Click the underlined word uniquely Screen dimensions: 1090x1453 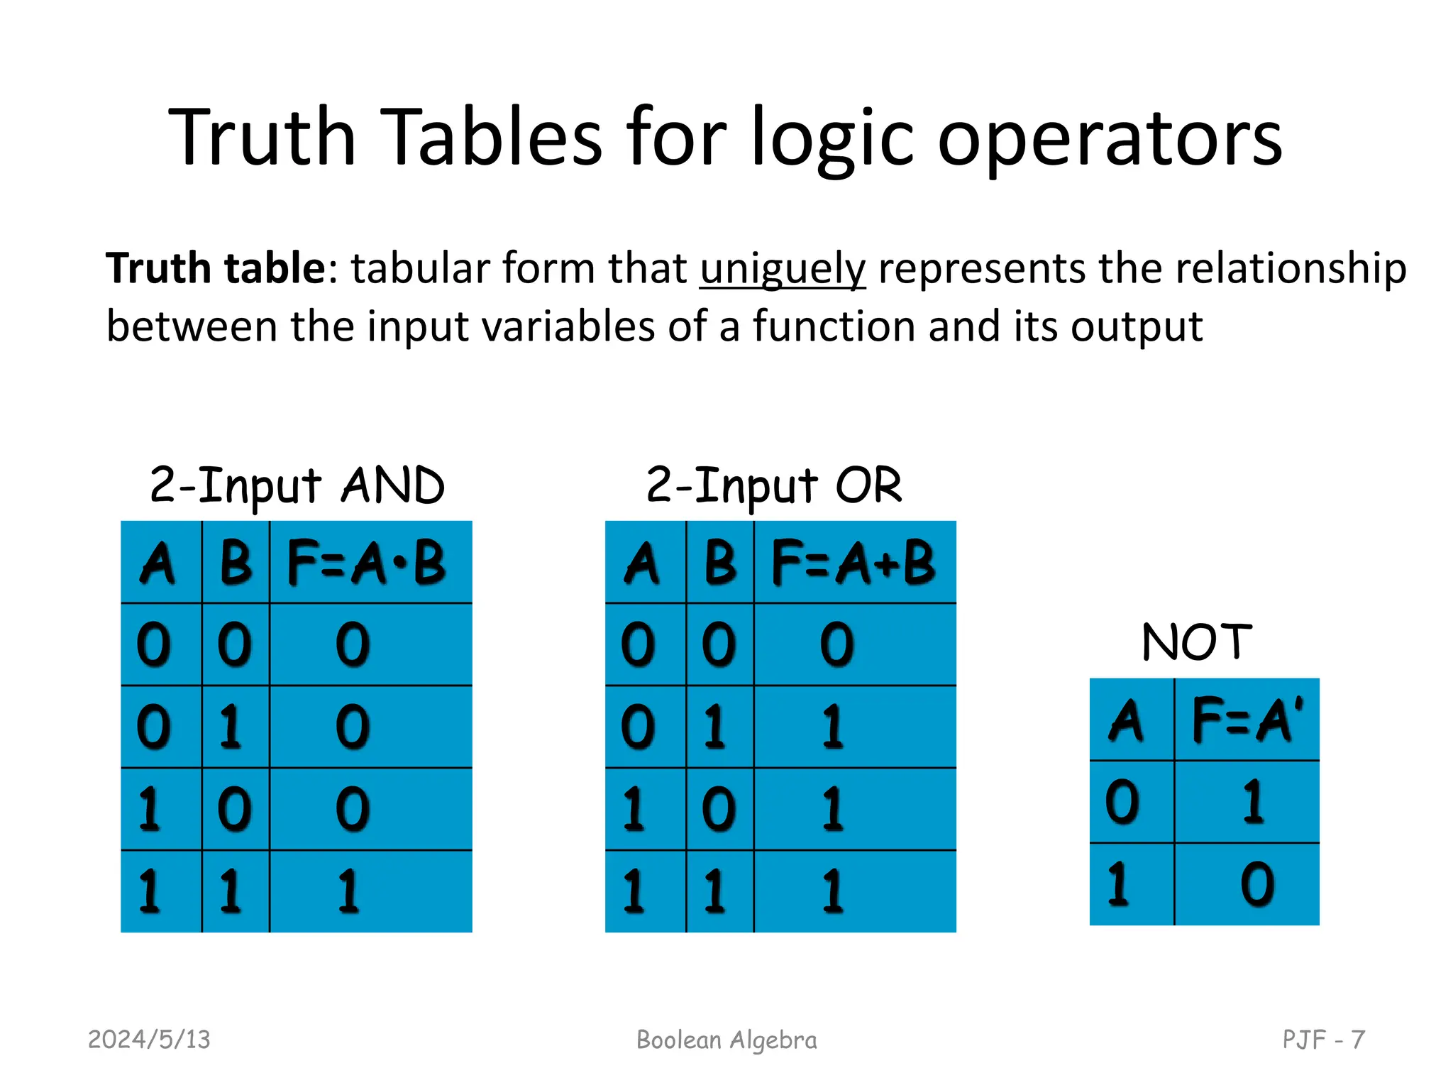783,269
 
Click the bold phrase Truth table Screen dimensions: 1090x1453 216,268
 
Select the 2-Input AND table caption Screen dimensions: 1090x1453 297,486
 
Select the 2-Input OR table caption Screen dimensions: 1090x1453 774,486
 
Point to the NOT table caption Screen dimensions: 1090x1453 1197,642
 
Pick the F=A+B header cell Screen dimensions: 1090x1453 853,563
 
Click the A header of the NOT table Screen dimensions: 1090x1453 1127,720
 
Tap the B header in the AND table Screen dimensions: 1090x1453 236,563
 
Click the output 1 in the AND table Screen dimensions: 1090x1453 349,891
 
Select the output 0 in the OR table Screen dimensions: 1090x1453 837,644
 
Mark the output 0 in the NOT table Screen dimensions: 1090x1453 1257,883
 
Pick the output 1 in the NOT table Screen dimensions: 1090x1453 1254,801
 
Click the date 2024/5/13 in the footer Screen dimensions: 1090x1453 149,1040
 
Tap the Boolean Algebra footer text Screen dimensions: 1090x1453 726,1040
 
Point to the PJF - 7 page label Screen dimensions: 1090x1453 1323,1040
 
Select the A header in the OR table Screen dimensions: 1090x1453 643,563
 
